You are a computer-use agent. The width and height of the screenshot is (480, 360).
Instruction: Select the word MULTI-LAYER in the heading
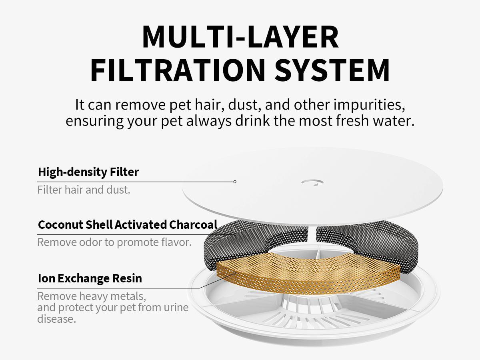[240, 37]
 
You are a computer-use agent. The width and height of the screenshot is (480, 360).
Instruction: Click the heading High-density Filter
[88, 172]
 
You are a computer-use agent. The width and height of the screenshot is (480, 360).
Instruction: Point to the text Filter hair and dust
[84, 190]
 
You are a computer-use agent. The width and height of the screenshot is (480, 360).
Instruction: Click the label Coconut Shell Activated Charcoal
[128, 224]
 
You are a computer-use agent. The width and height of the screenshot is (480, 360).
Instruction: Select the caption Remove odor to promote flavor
[114, 242]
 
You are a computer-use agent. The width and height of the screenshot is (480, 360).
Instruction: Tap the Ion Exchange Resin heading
[90, 278]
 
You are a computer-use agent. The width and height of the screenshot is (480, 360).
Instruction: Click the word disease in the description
[56, 319]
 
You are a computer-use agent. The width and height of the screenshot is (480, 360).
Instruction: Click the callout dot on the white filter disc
[235, 182]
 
